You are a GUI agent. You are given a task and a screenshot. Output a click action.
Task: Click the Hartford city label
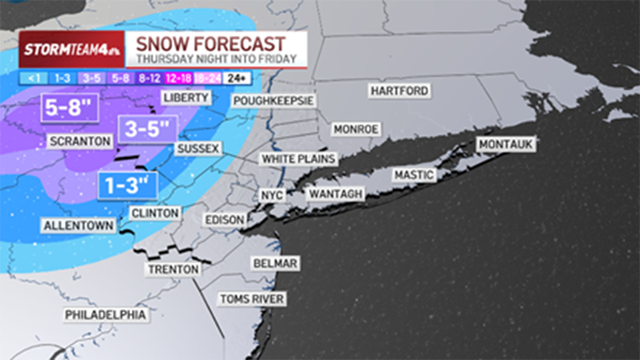click(x=399, y=91)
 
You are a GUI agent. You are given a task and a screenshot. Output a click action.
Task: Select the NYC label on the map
click(x=271, y=195)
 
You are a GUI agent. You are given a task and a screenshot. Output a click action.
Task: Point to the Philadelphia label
click(x=106, y=315)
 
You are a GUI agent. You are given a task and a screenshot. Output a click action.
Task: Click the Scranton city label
click(x=80, y=141)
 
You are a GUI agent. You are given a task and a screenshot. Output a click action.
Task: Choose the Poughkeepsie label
click(x=274, y=101)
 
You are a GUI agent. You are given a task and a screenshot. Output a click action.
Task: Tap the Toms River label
click(x=252, y=299)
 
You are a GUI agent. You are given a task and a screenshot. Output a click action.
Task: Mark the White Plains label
click(x=299, y=158)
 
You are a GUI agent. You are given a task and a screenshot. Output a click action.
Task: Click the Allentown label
click(x=79, y=226)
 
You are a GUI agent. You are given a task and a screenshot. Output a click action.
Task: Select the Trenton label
click(x=173, y=269)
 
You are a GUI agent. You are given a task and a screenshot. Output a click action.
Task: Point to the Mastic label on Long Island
click(x=414, y=175)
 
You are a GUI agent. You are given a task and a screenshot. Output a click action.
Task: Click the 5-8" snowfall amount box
click(x=64, y=108)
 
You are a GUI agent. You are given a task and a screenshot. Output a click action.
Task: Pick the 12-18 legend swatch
click(x=179, y=78)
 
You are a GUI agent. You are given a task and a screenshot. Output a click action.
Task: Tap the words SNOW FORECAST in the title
click(x=210, y=44)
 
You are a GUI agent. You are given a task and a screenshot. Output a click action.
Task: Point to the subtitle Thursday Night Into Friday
click(x=216, y=59)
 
